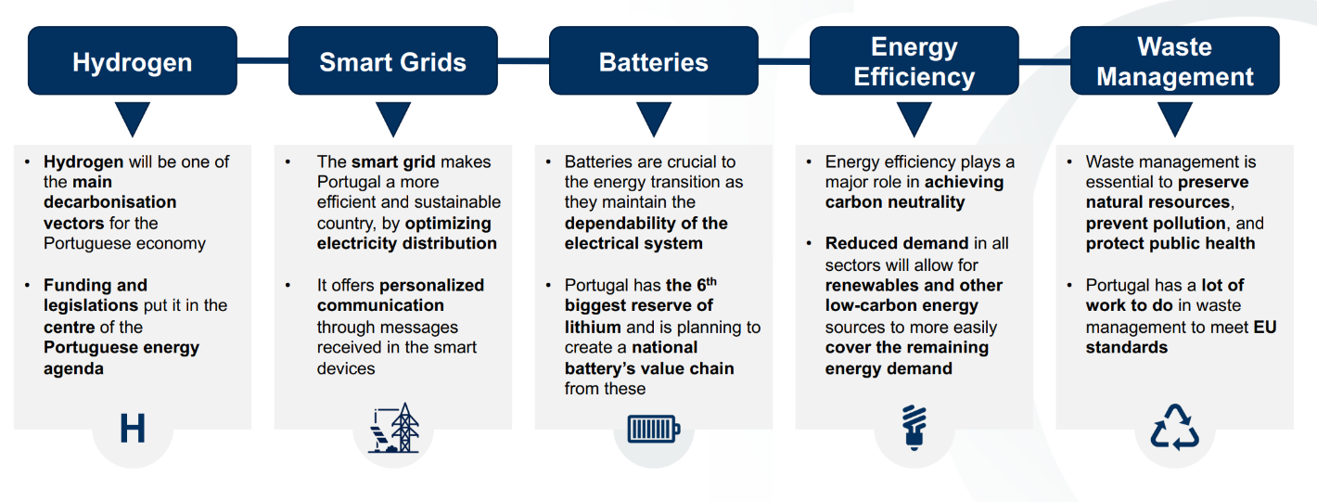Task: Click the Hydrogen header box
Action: [133, 61]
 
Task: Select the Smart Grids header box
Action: [393, 61]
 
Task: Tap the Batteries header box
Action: [654, 61]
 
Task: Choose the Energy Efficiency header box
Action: [914, 61]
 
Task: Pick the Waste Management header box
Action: [1175, 61]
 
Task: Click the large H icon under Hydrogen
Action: [133, 430]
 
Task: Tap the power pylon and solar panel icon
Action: [393, 429]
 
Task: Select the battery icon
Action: [654, 430]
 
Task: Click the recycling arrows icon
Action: [1175, 428]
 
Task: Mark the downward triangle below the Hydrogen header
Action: [133, 118]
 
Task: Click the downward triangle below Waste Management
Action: [1175, 118]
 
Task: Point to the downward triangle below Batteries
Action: [654, 118]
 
